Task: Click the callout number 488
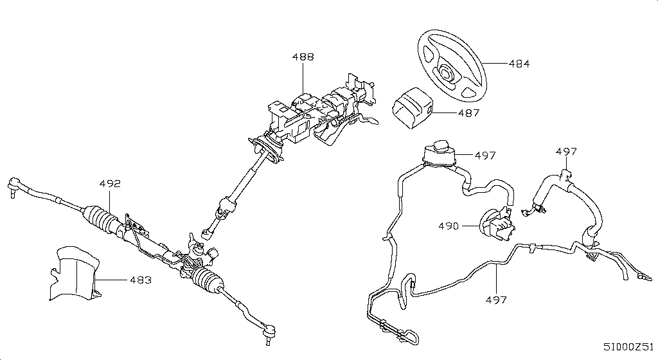coord(303,57)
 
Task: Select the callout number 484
coord(519,64)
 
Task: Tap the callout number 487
coord(468,113)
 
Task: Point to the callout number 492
coord(110,184)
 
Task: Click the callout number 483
coord(141,280)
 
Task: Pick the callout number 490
coord(449,226)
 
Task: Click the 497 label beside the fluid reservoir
coord(485,155)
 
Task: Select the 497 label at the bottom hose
coord(496,300)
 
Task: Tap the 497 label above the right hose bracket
coord(566,152)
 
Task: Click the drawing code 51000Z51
coord(629,346)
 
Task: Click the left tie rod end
coord(13,187)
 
